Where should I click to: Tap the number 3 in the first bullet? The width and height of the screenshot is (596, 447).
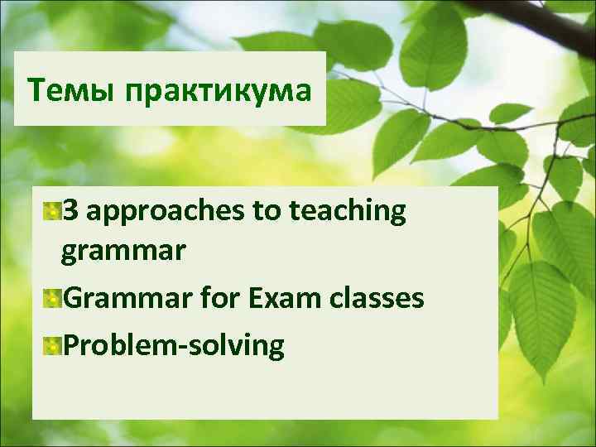[x=70, y=212]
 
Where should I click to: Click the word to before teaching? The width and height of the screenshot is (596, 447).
[x=267, y=213]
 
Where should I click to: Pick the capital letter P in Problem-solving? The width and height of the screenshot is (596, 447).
[x=71, y=344]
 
